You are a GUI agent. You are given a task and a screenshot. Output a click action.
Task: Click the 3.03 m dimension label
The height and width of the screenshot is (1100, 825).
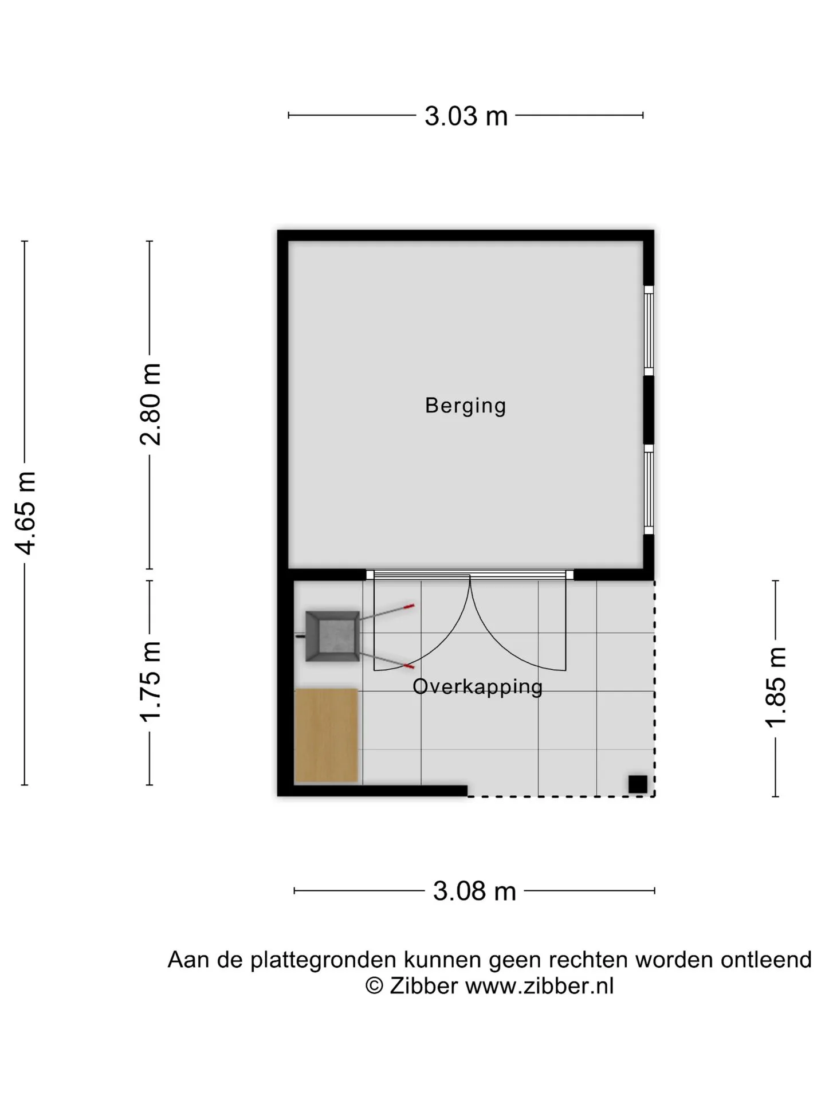click(x=466, y=116)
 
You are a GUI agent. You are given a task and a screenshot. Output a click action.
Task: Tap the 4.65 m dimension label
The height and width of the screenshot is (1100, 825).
click(x=26, y=513)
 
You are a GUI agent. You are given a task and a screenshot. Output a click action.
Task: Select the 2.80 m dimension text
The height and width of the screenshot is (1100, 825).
click(x=151, y=404)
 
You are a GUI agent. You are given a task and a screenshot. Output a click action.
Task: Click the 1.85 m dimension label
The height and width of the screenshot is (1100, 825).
click(x=776, y=687)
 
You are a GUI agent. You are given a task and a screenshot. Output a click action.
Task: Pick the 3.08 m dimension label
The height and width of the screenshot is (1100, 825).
click(x=474, y=891)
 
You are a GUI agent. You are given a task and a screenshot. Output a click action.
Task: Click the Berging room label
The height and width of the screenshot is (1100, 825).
click(x=466, y=406)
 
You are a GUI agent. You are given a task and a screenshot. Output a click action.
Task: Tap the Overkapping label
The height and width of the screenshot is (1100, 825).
click(x=477, y=686)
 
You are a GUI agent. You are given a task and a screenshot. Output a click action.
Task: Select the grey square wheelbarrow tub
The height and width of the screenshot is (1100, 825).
click(x=332, y=637)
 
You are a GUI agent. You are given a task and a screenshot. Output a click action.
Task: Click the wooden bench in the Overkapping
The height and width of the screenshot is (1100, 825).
click(x=326, y=736)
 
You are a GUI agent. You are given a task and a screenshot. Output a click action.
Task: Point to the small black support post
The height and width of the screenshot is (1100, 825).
click(x=638, y=784)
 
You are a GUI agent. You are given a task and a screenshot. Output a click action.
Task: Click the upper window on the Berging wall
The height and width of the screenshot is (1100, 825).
click(x=649, y=331)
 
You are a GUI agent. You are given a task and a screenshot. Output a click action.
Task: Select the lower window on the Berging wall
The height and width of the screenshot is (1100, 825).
click(x=649, y=490)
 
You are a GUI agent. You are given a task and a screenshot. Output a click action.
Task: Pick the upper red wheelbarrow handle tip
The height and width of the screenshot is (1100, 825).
click(x=409, y=605)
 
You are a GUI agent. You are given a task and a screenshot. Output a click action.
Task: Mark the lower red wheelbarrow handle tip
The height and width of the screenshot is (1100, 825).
click(x=409, y=666)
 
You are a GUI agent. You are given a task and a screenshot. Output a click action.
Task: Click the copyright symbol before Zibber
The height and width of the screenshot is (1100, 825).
click(x=374, y=986)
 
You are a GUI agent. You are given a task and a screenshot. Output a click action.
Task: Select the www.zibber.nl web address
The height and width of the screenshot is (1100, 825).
click(x=539, y=986)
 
